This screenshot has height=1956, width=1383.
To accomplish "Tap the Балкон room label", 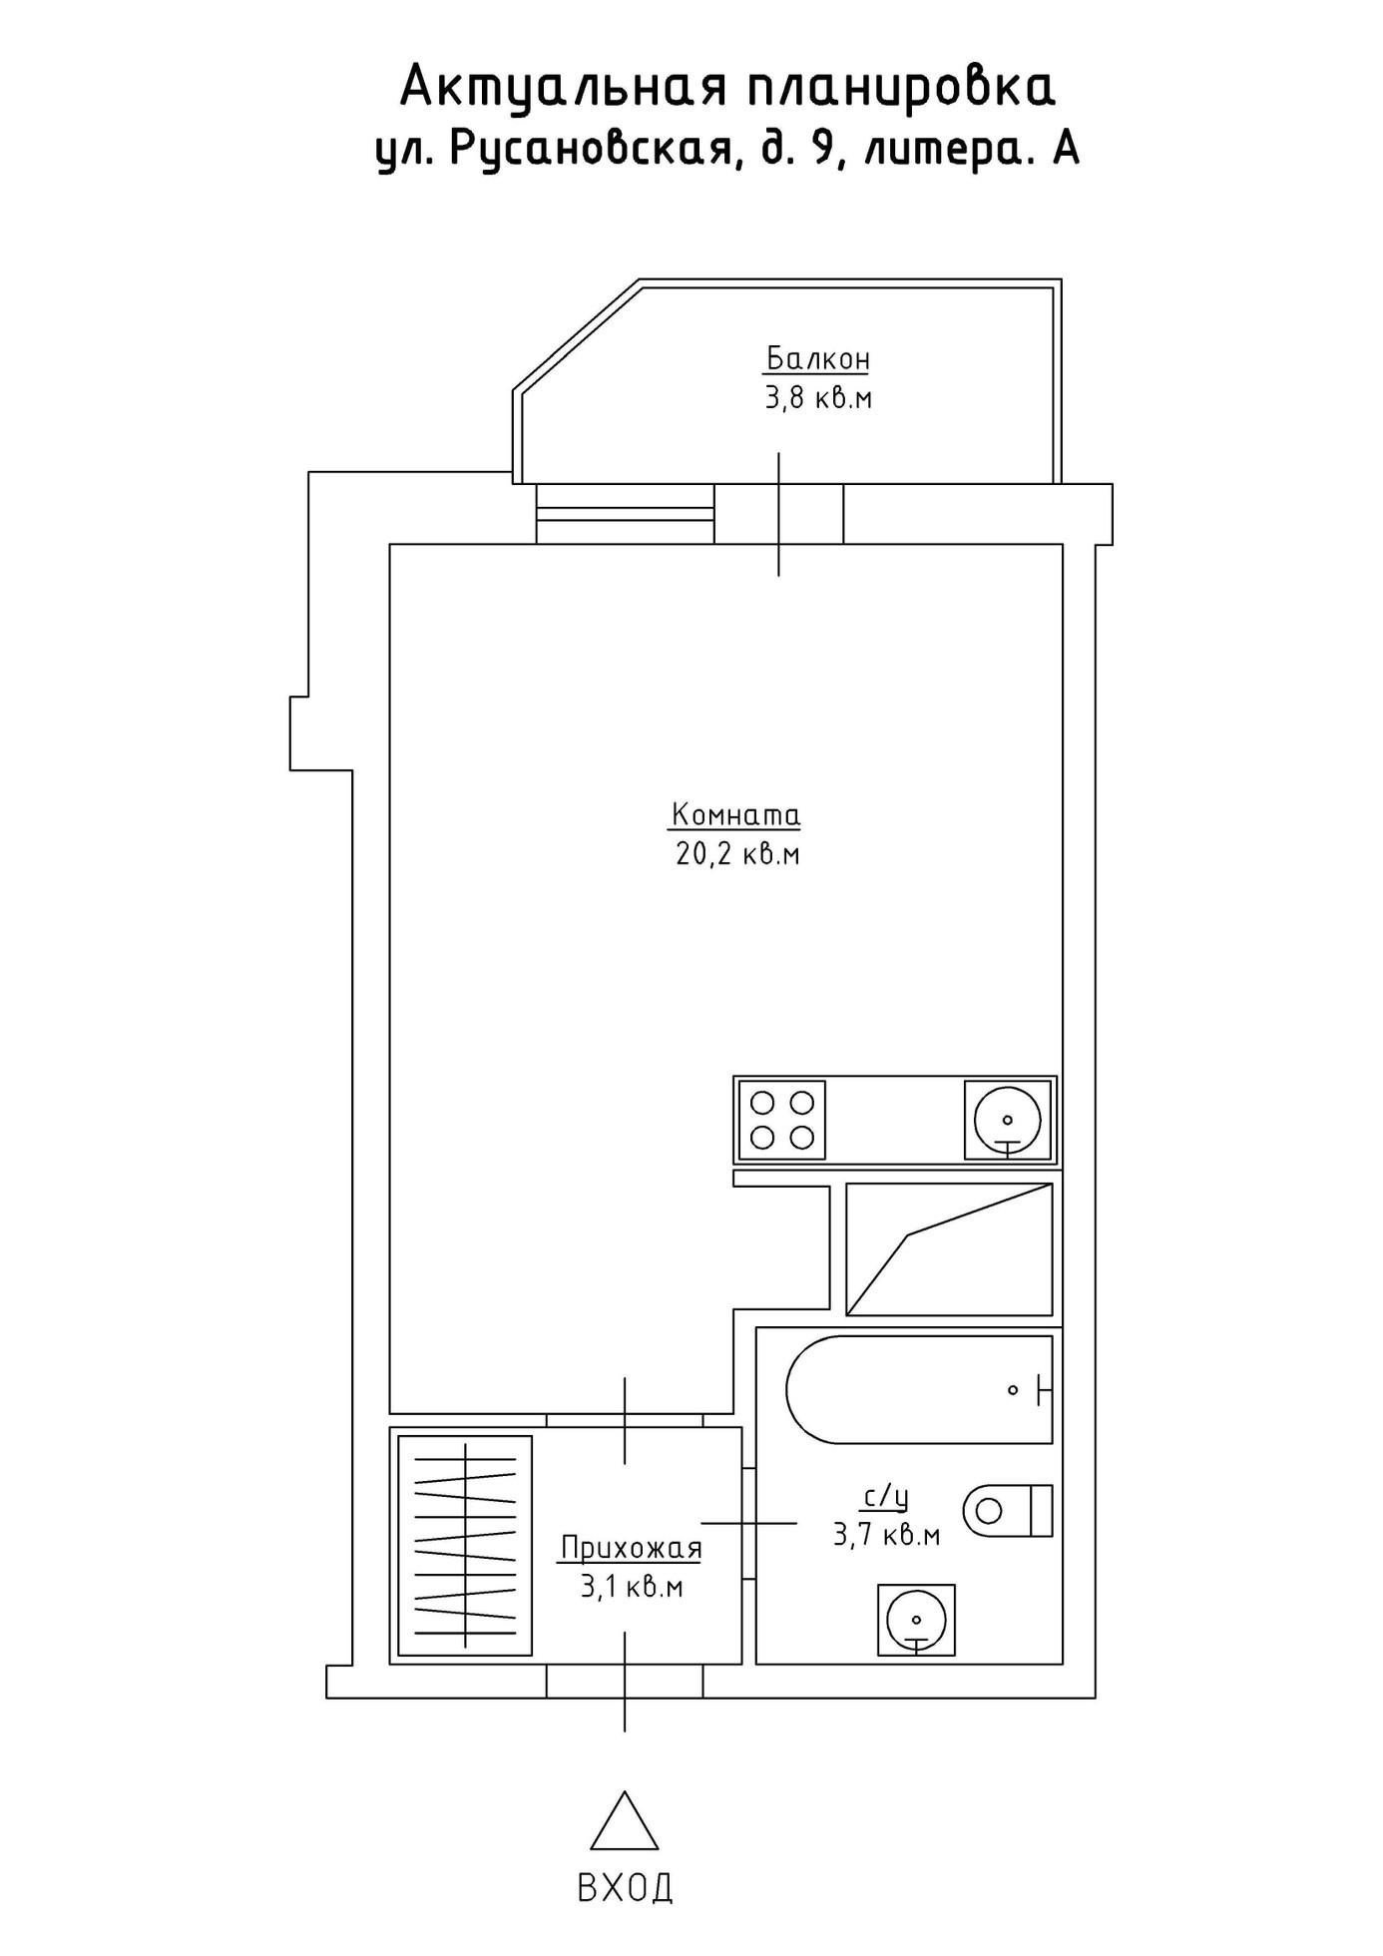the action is click(818, 358).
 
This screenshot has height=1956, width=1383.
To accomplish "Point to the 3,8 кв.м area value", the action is click(818, 398).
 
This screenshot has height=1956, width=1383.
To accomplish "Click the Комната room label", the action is click(735, 815).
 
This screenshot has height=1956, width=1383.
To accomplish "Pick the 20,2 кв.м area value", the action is click(738, 855).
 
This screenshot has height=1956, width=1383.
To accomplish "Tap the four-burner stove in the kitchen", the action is click(781, 1120).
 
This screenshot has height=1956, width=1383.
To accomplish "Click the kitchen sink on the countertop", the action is click(1008, 1120).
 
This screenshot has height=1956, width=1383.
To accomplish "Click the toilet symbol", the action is click(1009, 1510).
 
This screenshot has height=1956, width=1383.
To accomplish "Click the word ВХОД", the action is click(625, 1887).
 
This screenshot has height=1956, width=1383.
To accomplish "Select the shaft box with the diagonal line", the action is click(949, 1249).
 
